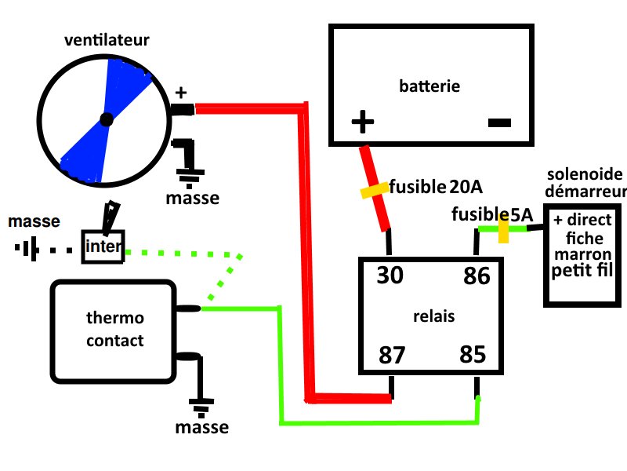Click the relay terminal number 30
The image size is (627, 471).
pyautogui.click(x=390, y=276)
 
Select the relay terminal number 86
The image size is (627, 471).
pyautogui.click(x=477, y=276)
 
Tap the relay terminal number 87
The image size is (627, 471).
pyautogui.click(x=393, y=355)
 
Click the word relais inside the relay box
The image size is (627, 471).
pyautogui.click(x=433, y=316)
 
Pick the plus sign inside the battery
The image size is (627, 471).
pyautogui.click(x=362, y=122)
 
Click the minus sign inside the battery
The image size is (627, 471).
pyautogui.click(x=499, y=122)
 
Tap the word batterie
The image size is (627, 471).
pyautogui.click(x=429, y=86)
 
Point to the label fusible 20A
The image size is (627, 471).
pyautogui.click(x=436, y=188)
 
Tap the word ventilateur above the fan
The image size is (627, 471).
pyautogui.click(x=107, y=39)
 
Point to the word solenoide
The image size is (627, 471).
pyautogui.click(x=585, y=173)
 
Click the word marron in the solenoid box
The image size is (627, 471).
pyautogui.click(x=582, y=255)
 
